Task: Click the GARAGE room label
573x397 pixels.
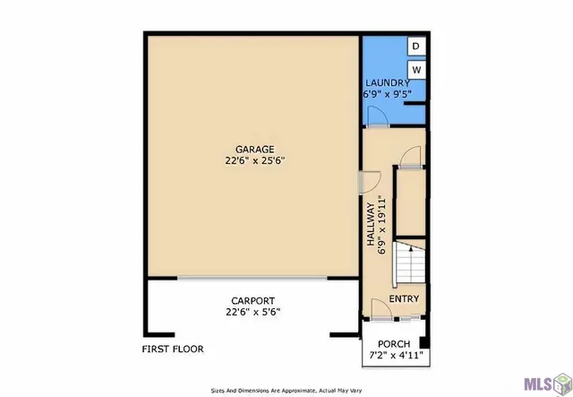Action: click(254, 150)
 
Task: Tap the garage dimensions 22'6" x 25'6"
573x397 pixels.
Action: click(254, 161)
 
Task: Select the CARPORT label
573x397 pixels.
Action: click(253, 301)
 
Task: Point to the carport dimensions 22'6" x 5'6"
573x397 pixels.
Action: click(253, 313)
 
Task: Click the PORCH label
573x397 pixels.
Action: click(394, 343)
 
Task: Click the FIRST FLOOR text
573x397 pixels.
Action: click(173, 349)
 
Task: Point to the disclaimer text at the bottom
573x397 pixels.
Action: click(286, 390)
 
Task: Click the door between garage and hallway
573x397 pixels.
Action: click(361, 182)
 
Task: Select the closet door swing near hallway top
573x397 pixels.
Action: click(410, 156)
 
